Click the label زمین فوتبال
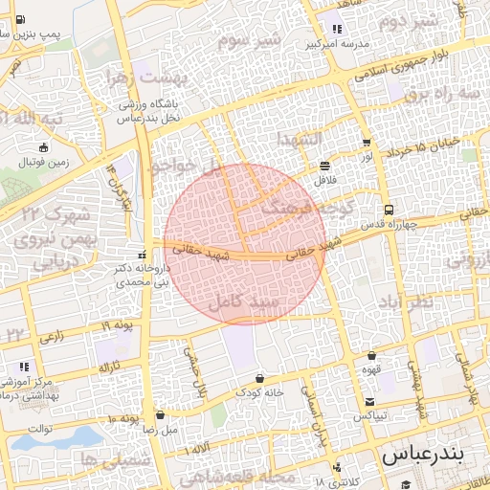43,163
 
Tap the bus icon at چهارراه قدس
388,210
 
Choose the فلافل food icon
324,166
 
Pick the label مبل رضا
160,430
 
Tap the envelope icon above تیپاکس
369,402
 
